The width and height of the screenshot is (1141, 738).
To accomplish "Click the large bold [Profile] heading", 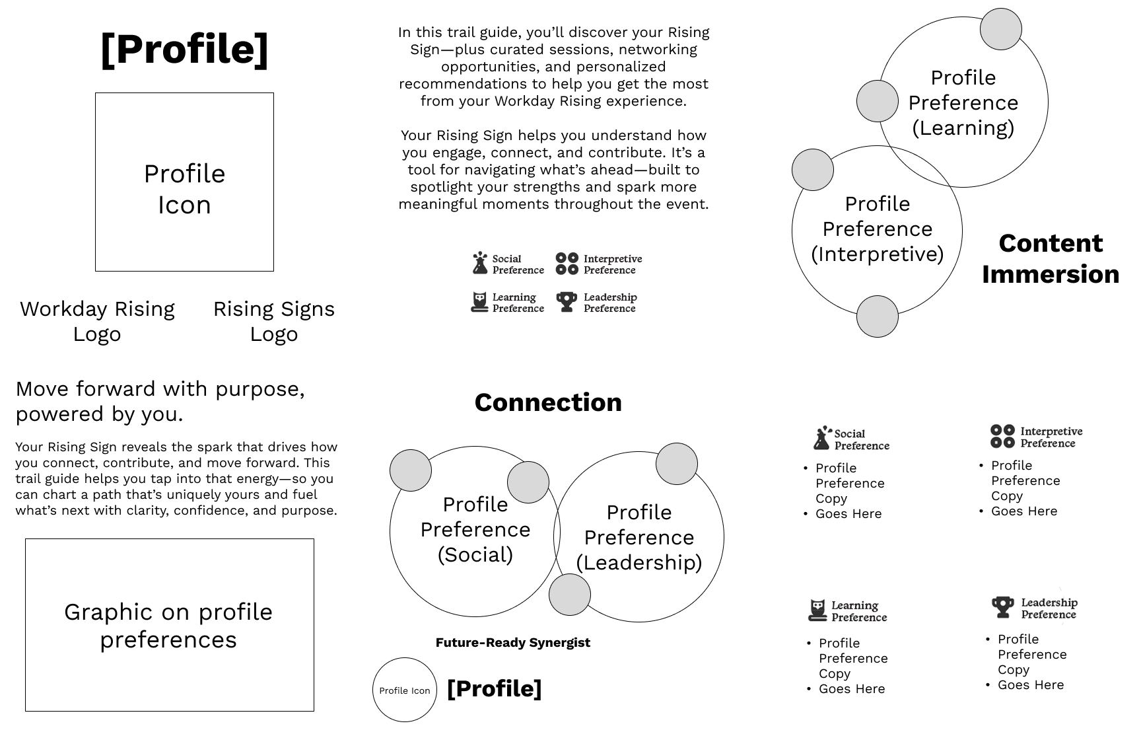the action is [x=184, y=49].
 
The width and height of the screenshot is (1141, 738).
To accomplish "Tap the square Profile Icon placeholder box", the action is [x=184, y=182].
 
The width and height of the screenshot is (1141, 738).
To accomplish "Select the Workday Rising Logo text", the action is [x=97, y=321].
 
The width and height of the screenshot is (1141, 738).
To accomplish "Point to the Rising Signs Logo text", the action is [x=273, y=321].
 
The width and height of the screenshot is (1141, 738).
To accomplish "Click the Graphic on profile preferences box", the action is [x=169, y=625].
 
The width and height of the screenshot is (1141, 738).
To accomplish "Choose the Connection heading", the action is [x=548, y=402].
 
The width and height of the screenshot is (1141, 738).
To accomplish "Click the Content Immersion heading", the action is [x=1050, y=258].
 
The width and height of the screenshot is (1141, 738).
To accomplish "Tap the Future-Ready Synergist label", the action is [x=512, y=642].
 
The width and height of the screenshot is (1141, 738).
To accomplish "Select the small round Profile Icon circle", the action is [x=404, y=690].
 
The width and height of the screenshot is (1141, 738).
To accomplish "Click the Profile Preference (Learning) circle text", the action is [x=963, y=102].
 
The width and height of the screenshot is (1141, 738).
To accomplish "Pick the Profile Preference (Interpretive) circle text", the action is [x=877, y=229].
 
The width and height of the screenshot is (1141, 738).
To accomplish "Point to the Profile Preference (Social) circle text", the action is [x=475, y=529].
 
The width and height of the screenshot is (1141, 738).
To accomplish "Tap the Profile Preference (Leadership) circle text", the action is [x=639, y=537].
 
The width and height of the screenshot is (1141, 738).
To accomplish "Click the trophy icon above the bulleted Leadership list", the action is [x=1002, y=607].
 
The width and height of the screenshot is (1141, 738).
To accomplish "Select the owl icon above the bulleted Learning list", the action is [x=817, y=610].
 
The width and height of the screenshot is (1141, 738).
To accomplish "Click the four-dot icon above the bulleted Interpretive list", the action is [x=1002, y=437].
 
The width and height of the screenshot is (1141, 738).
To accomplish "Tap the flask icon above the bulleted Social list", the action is [x=821, y=438].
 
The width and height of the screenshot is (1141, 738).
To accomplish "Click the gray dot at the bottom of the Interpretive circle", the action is [x=877, y=316].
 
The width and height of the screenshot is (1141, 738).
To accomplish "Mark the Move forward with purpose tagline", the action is [x=160, y=401].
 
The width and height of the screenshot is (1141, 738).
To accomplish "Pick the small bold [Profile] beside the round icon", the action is [x=494, y=688].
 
